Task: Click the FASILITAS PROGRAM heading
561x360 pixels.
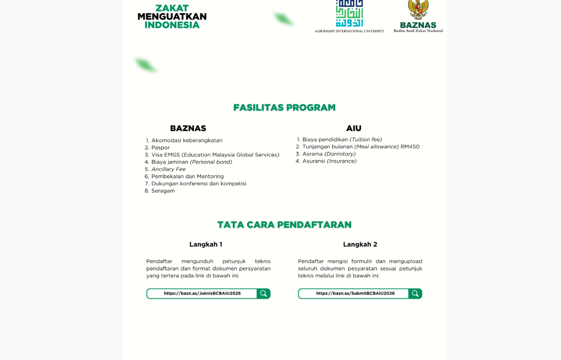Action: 284,107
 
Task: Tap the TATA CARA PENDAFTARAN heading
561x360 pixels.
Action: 284,224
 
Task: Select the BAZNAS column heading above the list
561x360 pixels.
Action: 188,128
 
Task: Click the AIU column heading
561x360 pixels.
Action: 353,128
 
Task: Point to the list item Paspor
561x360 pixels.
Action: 161,148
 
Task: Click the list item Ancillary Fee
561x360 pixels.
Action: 168,169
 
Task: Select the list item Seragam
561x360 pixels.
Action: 163,191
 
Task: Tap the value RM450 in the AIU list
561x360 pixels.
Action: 410,147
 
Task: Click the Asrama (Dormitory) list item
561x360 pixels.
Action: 329,154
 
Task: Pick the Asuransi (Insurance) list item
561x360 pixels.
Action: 329,161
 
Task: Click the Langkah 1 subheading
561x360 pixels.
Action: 206,244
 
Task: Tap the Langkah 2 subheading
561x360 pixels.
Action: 360,244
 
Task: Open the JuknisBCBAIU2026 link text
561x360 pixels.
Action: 202,293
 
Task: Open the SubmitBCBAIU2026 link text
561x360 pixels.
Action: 355,293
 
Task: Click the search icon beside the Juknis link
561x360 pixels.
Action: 263,294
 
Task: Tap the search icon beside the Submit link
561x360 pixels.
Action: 415,294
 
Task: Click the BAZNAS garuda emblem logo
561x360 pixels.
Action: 418,9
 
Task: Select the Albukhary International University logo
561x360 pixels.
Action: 349,14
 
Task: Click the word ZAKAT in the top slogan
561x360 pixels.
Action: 172,8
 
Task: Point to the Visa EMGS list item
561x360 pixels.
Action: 215,155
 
